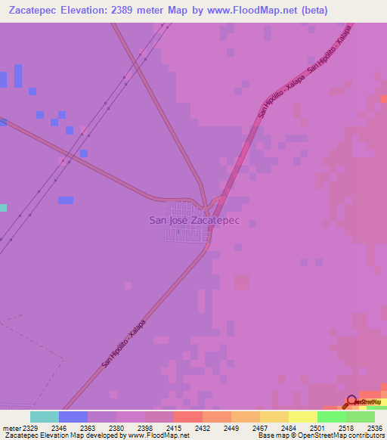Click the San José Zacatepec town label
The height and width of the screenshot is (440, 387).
click(194, 220)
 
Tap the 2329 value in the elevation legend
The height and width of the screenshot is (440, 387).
click(30, 429)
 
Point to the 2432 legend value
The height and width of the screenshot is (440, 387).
click(203, 429)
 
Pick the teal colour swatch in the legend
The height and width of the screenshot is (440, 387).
click(45, 417)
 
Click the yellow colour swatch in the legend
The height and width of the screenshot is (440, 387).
click(302, 417)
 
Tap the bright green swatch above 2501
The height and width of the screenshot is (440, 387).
click(331, 417)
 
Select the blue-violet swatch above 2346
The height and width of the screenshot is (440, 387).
click(73, 417)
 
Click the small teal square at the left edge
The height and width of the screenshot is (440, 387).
click(3, 207)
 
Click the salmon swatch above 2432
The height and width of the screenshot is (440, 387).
click(187, 417)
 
